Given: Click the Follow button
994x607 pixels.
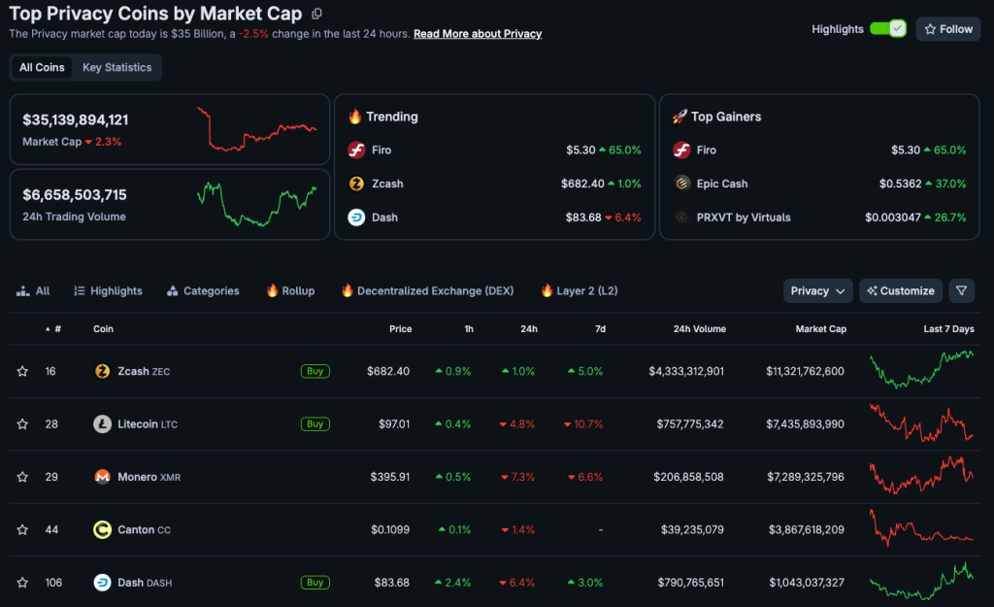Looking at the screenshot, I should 946,29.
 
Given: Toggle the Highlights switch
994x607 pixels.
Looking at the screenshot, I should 887,29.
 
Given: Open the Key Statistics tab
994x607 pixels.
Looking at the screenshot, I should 116,67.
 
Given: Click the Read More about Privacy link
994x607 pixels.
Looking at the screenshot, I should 477,34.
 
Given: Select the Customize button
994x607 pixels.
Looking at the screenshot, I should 901,290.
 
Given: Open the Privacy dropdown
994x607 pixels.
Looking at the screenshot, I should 817,290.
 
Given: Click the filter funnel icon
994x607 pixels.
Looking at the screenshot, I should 960,290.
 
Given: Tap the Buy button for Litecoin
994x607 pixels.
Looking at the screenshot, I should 315,423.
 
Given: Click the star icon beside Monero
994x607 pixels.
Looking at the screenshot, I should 22,477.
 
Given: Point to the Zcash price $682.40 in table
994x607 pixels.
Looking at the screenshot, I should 388,371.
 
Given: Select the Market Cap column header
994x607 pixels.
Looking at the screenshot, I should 820,329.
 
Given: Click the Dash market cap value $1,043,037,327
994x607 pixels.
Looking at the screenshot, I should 806,583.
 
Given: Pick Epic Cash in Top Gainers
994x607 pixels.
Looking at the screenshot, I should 721,184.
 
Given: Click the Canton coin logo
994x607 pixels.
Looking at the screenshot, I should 102,529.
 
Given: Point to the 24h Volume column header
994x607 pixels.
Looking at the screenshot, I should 699,329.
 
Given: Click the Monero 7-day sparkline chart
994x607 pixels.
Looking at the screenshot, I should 921,476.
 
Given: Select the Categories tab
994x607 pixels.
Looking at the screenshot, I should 203,290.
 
